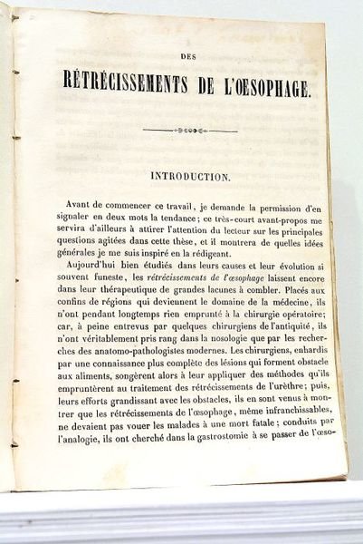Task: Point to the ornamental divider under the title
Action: click(x=189, y=131)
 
